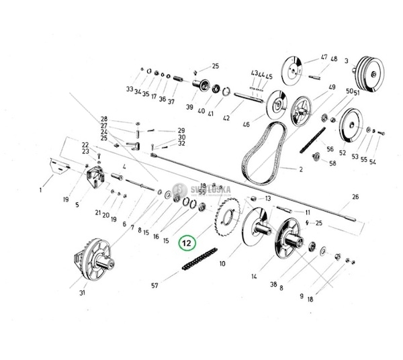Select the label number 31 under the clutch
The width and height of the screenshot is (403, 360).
point(83,292)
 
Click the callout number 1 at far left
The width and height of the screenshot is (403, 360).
point(41,190)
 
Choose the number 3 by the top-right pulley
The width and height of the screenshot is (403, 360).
point(347,61)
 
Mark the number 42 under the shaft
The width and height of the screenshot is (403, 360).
point(226,119)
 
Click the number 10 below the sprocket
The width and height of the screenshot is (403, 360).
point(222,265)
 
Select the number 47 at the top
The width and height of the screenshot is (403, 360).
point(324,56)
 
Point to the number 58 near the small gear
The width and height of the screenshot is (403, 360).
point(332,164)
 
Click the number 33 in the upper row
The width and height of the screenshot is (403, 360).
point(130,89)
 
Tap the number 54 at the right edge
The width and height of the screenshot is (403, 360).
point(373,162)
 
